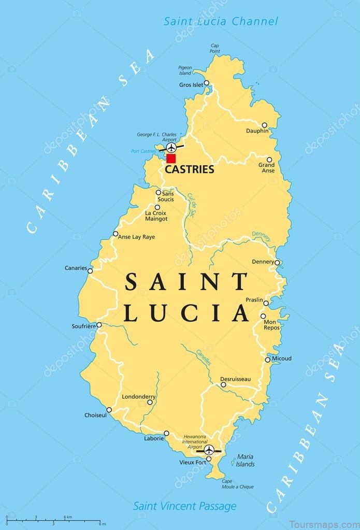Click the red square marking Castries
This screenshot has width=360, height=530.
(171, 159)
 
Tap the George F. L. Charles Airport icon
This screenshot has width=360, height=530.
(171, 148)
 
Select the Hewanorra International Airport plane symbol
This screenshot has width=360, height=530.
(209, 449)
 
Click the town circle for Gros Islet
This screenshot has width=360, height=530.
(206, 83)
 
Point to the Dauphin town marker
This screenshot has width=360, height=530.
(264, 125)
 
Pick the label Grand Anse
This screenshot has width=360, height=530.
(267, 168)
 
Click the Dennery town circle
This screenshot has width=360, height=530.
(277, 263)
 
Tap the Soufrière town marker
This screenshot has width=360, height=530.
(99, 325)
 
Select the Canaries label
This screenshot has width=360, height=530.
(75, 268)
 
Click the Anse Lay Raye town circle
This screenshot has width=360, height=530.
(116, 234)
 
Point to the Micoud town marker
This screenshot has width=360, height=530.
(268, 360)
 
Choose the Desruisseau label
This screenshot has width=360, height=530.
(235, 379)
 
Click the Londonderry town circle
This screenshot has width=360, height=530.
(150, 402)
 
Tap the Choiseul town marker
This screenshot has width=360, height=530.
(109, 410)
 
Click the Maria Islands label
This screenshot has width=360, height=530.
(245, 461)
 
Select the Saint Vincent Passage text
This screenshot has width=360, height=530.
(184, 506)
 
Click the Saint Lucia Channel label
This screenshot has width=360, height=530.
(221, 21)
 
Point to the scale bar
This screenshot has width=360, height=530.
(52, 520)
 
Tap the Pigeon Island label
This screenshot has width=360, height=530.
(185, 70)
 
